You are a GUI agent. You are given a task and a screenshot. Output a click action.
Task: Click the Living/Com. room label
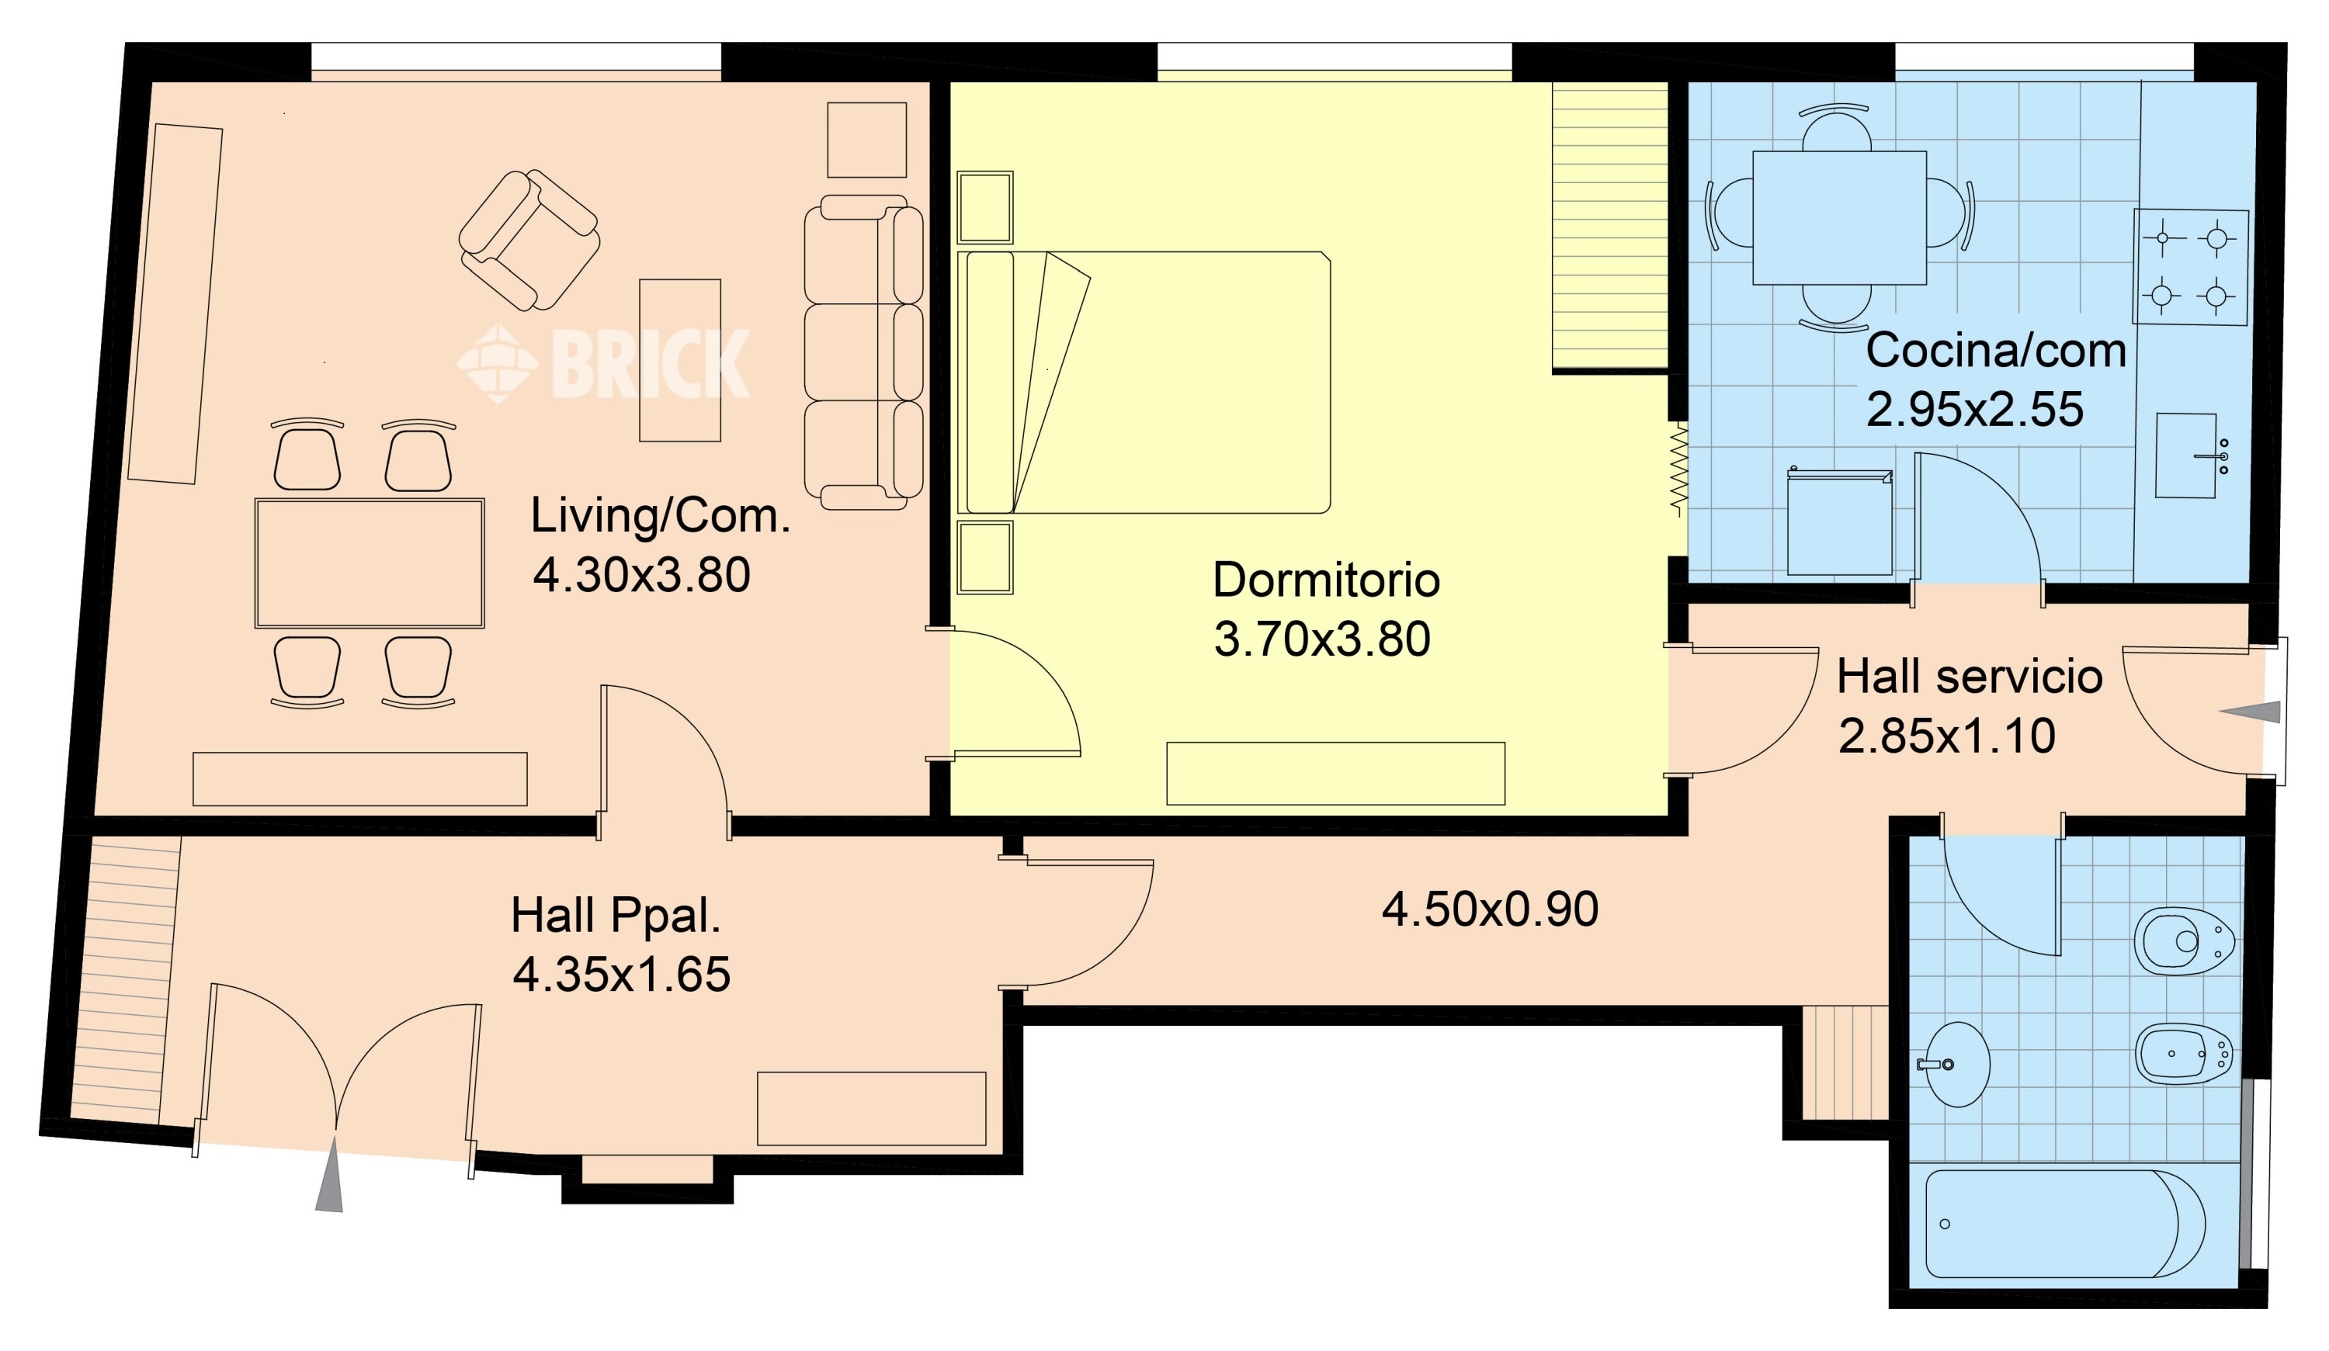tap(661, 515)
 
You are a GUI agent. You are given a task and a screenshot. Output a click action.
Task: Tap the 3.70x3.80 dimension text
tap(1321, 639)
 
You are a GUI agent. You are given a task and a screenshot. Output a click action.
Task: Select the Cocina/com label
tap(1996, 352)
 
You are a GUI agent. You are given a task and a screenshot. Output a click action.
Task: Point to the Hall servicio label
tap(1970, 677)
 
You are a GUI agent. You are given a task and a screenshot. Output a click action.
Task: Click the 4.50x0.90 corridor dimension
tap(1490, 909)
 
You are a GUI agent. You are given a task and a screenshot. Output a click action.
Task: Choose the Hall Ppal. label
tap(616, 916)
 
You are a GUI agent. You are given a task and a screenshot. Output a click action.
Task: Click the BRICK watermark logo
tap(603, 364)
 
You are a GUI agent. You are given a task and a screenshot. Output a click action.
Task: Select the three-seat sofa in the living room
tap(863, 352)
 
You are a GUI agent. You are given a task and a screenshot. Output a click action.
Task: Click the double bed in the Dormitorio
tap(1144, 383)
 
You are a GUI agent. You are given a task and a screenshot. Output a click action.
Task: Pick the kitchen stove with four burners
tap(2190, 267)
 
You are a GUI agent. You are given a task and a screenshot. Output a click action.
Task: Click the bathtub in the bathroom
tap(2065, 1225)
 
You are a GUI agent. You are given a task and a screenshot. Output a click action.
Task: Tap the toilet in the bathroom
tap(2184, 941)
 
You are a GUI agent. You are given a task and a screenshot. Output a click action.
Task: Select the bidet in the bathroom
tap(2185, 1054)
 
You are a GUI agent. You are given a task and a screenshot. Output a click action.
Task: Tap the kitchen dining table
tap(1839, 218)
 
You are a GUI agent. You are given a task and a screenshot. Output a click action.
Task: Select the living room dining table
tap(370, 563)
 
